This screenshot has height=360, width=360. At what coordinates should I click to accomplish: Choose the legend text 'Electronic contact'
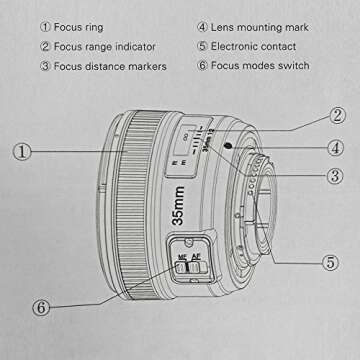[x=266, y=46]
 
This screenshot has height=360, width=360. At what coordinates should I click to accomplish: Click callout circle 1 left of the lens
[x=21, y=153]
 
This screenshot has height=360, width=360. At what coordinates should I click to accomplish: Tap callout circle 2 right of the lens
[x=339, y=117]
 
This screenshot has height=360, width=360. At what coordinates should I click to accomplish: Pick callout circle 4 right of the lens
[x=339, y=147]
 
